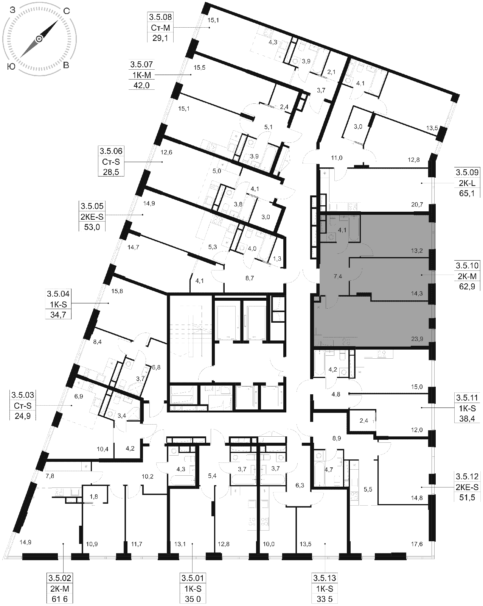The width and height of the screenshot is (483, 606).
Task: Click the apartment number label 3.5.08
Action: [x=160, y=17]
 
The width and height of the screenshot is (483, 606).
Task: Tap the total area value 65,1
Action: [x=467, y=194]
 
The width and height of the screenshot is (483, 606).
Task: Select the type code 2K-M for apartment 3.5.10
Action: [x=467, y=276]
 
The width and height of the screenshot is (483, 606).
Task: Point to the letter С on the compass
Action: [x=66, y=11]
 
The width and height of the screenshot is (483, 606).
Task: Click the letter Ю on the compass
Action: [x=12, y=67]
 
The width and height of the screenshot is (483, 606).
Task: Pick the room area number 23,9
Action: [x=417, y=339]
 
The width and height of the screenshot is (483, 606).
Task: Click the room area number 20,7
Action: [x=417, y=205]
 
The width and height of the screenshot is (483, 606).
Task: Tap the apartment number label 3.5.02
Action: [x=60, y=578]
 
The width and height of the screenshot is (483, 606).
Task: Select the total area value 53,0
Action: [x=92, y=227]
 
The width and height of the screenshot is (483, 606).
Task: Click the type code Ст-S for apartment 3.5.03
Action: [x=23, y=406]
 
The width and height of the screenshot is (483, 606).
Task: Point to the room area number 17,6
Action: [x=417, y=544]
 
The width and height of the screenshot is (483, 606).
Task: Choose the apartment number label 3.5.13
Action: [x=325, y=578]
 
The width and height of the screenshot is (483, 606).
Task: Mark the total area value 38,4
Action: [x=467, y=419]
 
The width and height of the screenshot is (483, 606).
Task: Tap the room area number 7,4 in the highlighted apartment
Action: [x=338, y=276]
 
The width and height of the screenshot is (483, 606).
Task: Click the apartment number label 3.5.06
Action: [x=111, y=151]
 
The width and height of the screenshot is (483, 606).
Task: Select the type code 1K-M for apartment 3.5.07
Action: [x=141, y=75]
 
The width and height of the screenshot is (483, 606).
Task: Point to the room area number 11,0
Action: [x=336, y=158]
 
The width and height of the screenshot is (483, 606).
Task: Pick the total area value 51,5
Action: [x=467, y=497]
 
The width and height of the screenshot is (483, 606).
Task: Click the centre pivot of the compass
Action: [x=39, y=39]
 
